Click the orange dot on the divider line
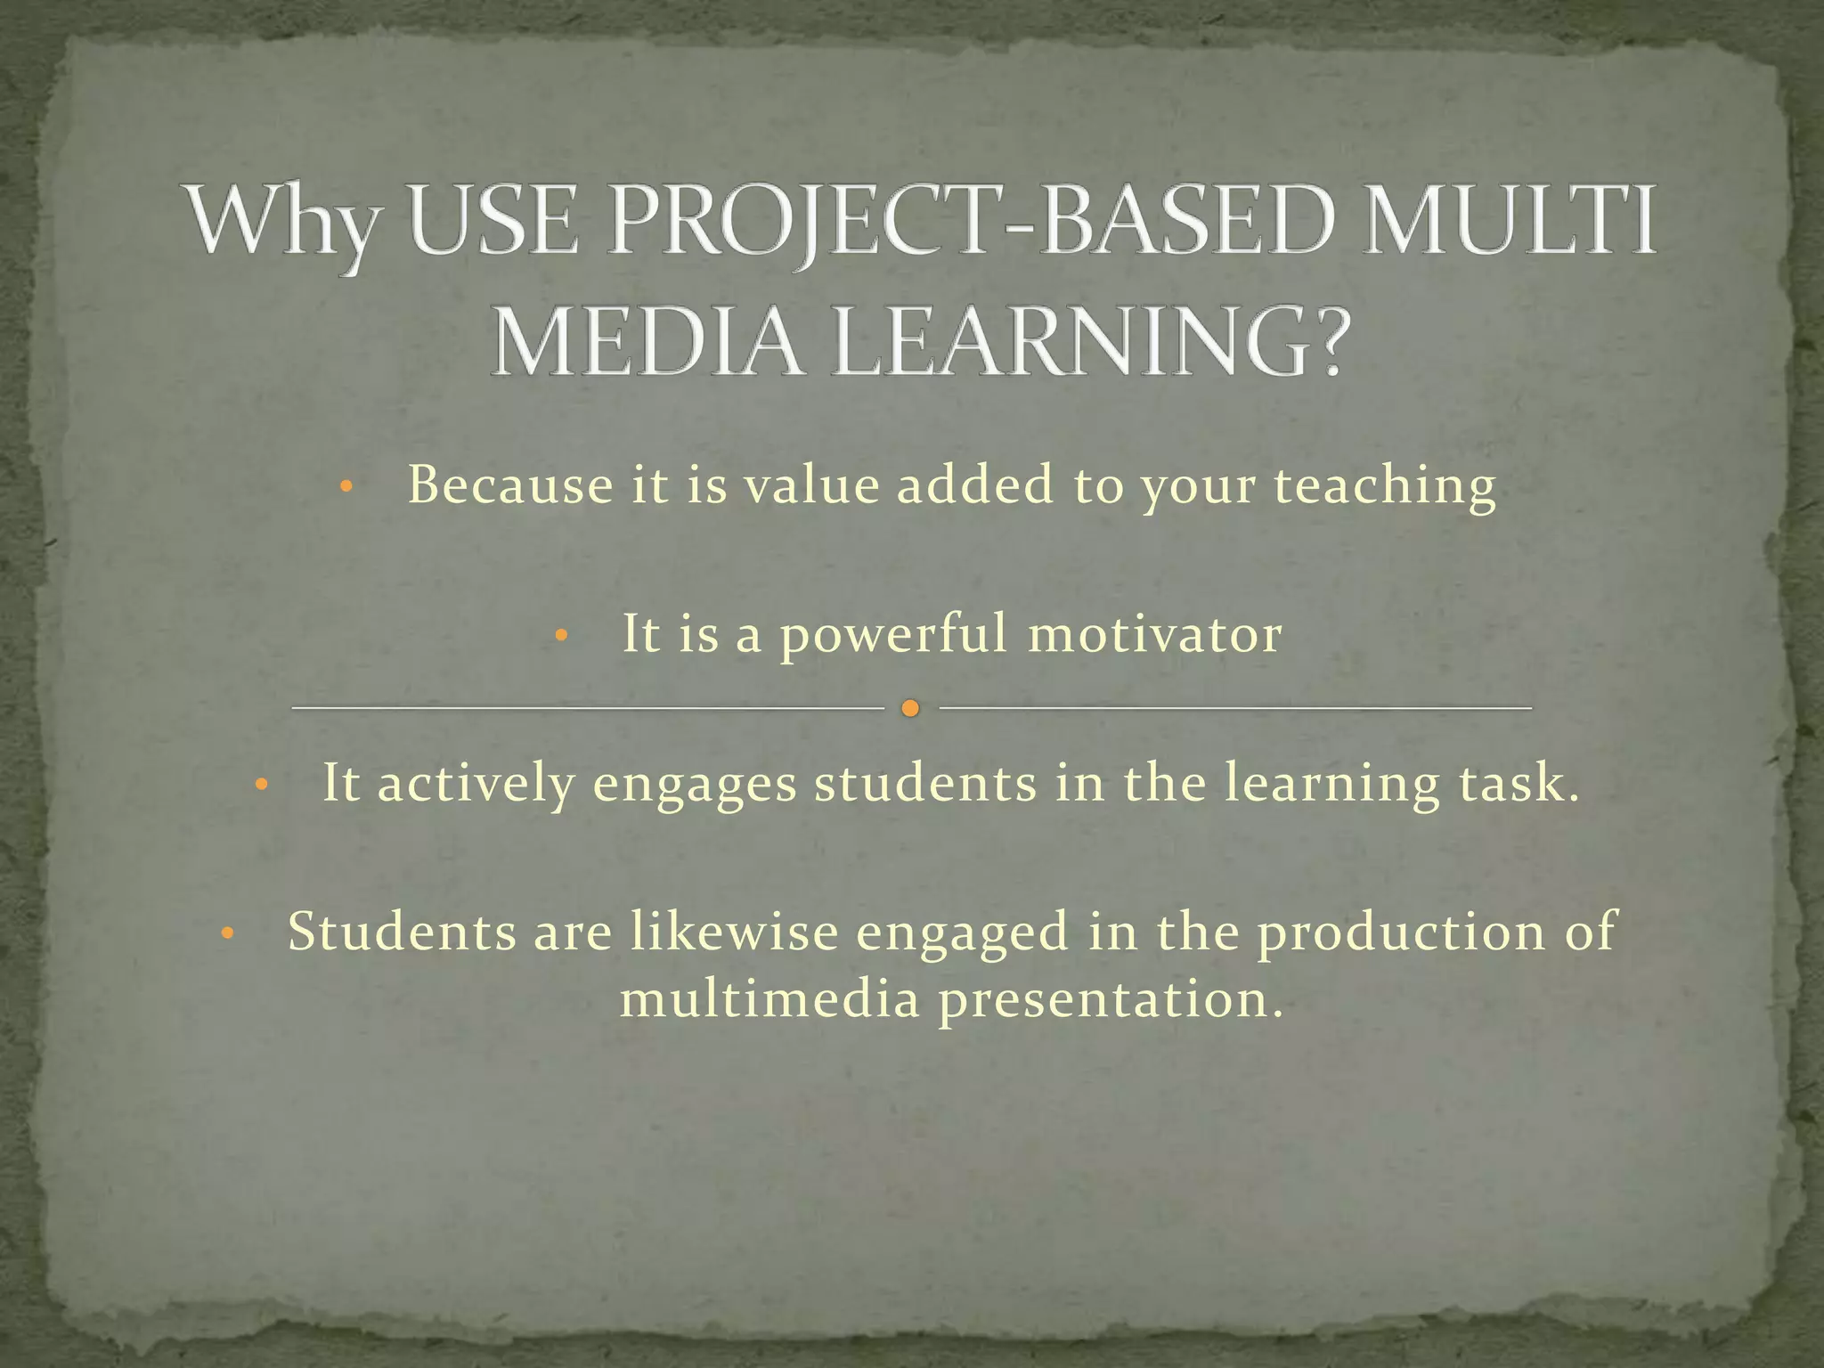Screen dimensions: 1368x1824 coord(909,709)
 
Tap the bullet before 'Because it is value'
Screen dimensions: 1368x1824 coord(347,487)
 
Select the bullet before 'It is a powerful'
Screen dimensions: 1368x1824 coord(560,636)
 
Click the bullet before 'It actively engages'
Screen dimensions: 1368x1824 coord(261,786)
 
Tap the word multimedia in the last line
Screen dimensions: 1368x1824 coord(769,999)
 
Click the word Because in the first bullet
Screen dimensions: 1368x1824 coord(510,486)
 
